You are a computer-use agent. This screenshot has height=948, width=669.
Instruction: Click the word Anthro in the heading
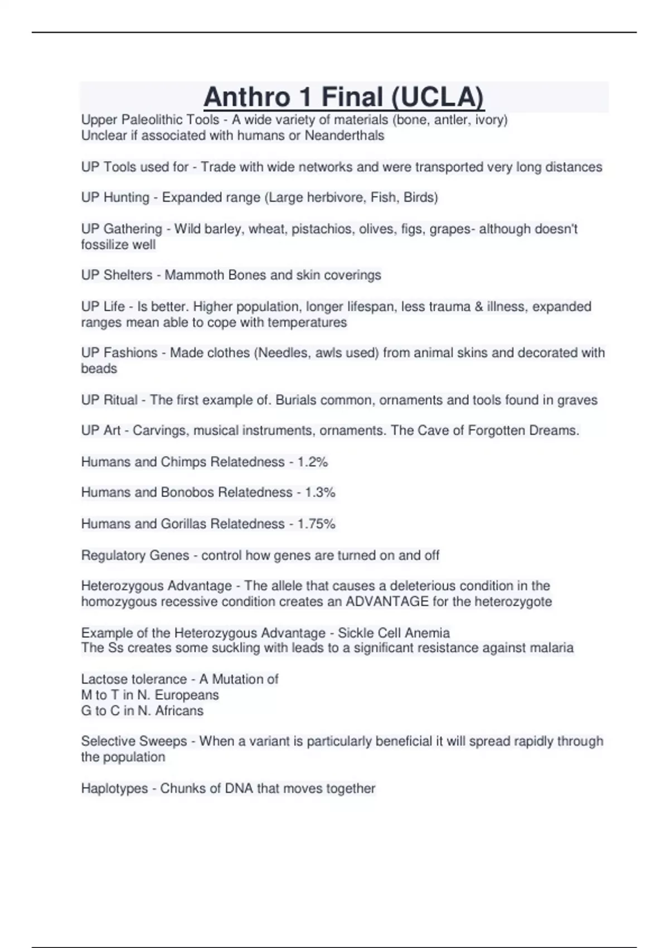(248, 97)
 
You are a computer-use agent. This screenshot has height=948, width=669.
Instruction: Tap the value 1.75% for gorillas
(316, 524)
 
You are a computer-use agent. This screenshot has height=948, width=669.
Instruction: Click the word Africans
(179, 710)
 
